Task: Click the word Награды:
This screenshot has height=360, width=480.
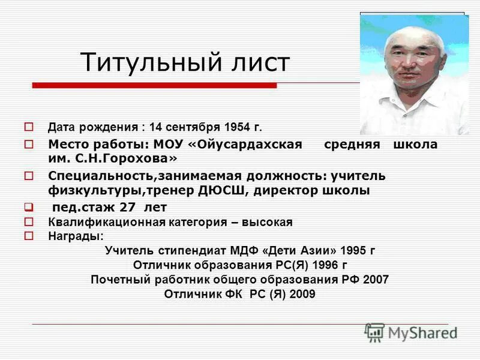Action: [76, 236]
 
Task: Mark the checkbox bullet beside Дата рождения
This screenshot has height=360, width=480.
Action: [28, 127]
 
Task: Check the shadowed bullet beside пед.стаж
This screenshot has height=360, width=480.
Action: [28, 207]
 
